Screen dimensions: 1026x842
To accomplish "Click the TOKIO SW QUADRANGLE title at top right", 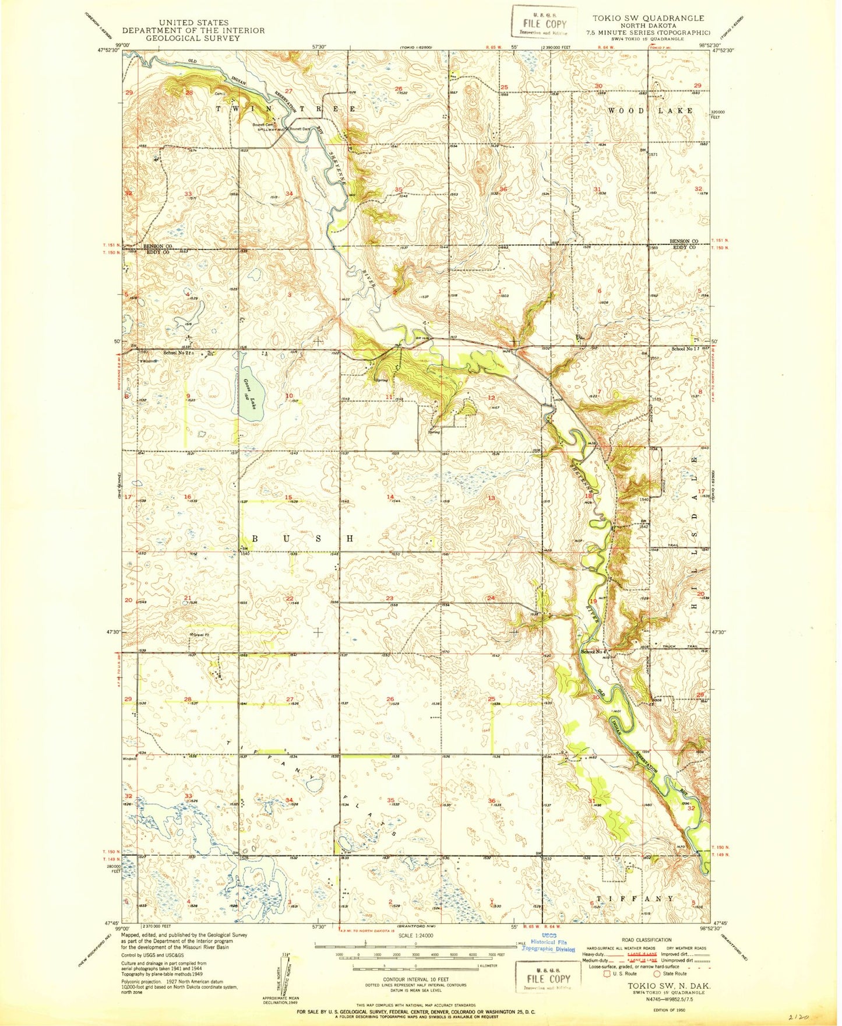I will [x=648, y=19].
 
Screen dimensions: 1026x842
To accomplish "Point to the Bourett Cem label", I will [x=263, y=124].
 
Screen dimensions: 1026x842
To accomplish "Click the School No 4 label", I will [x=592, y=652].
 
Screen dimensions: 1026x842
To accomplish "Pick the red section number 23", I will [x=389, y=599].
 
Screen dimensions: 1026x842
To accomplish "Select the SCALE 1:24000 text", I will [x=415, y=934].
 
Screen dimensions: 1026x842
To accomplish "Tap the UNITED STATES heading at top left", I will [x=193, y=23].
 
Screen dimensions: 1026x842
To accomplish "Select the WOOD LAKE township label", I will [x=650, y=111].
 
